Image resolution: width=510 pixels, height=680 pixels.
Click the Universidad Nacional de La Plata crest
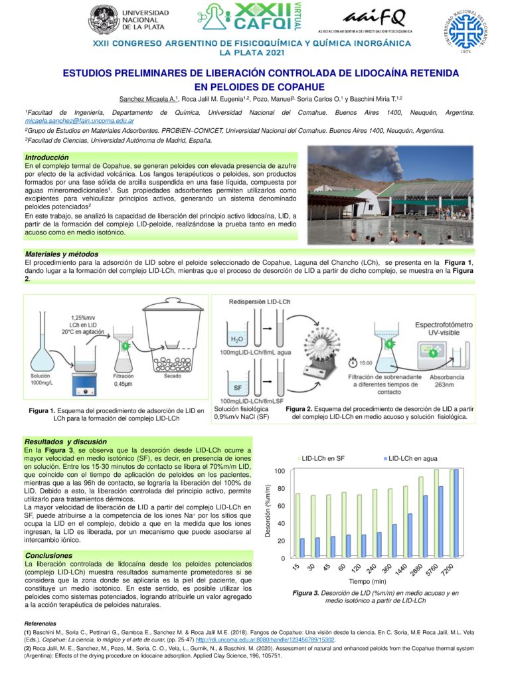[x=104, y=20]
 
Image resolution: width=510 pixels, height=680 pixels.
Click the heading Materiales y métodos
[x=62, y=254]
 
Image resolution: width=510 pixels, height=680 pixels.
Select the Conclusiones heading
[x=48, y=554]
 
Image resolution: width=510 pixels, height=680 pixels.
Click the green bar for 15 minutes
[x=298, y=525]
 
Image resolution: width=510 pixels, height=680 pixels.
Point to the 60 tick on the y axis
[x=281, y=506]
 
